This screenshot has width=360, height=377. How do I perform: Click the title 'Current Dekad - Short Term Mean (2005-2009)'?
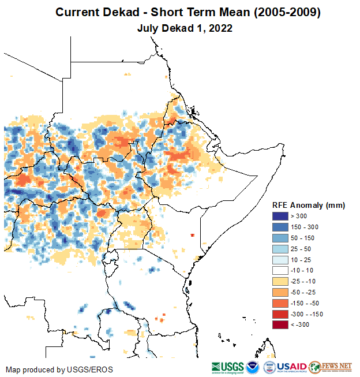pos(180,12)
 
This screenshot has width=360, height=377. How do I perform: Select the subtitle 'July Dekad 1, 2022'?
pos(180,28)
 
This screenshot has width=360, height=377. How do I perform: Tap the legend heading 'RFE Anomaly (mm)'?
pos(309,205)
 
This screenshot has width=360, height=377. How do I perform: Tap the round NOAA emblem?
pos(253,367)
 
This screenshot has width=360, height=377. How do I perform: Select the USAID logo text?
pos(291,367)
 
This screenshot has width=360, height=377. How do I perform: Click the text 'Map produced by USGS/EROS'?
pos(59,369)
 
